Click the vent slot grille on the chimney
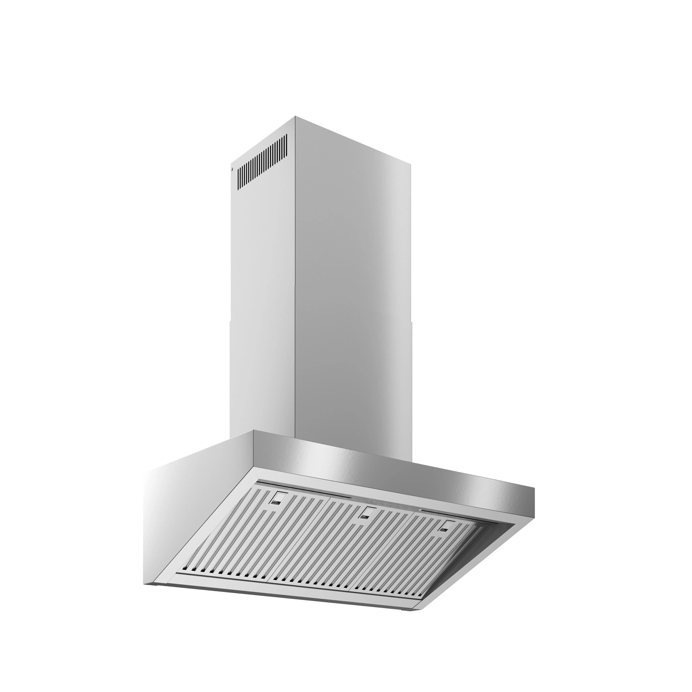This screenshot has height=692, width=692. [x=262, y=161]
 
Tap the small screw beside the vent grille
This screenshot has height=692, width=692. [x=232, y=168]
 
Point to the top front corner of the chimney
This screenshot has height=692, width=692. [x=294, y=116]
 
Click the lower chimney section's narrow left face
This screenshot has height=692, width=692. [x=261, y=377]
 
